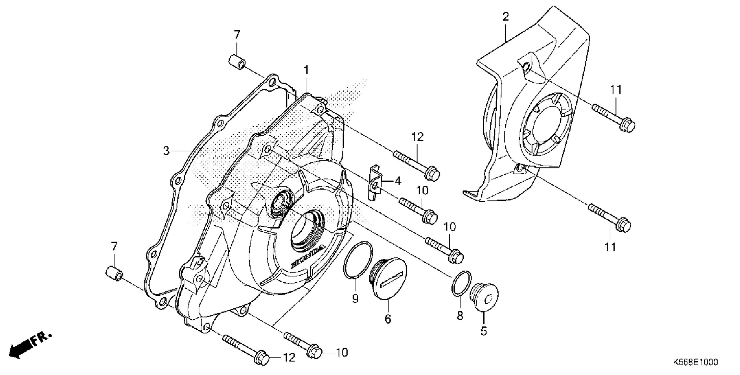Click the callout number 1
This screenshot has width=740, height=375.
coord(306,70)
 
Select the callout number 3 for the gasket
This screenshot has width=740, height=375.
coord(166,151)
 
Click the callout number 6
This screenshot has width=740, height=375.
coord(388,319)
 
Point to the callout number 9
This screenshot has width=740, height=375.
coord(355,299)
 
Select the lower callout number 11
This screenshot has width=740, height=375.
coord(610,247)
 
